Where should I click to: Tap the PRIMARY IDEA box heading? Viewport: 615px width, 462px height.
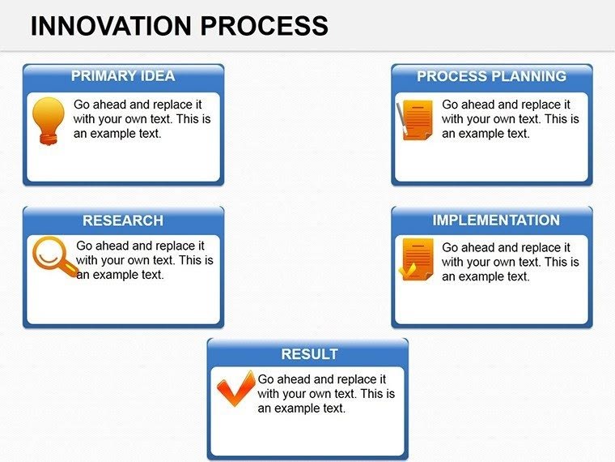[x=123, y=76]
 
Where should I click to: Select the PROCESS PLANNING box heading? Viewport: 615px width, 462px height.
[x=491, y=76]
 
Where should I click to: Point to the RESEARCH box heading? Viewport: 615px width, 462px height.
[x=123, y=220]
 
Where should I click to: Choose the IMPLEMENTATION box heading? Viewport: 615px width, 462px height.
[x=495, y=220]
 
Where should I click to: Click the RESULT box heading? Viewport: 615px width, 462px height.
[x=309, y=354]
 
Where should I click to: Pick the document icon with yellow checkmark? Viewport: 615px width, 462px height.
[x=416, y=259]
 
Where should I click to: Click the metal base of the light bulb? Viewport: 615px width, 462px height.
[x=48, y=139]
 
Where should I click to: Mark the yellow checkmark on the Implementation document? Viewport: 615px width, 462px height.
[x=408, y=271]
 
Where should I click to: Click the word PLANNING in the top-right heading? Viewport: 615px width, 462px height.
[x=532, y=76]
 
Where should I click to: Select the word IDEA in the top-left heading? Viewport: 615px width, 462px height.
[x=158, y=76]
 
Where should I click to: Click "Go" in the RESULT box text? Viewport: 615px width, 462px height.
[x=266, y=379]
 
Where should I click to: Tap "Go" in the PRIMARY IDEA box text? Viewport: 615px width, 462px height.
[x=82, y=105]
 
